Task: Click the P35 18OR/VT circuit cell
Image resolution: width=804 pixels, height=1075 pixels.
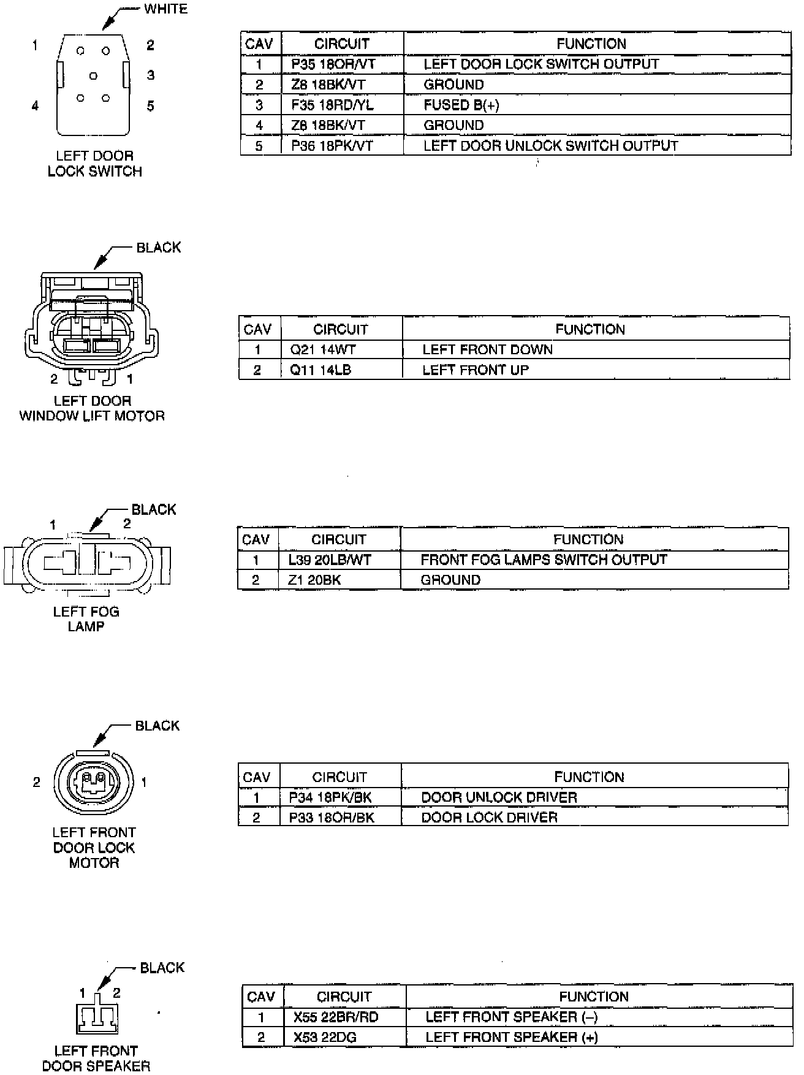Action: point(333,64)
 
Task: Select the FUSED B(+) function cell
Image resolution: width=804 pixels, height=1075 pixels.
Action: point(461,105)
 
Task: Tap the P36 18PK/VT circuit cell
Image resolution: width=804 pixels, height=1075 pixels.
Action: point(332,146)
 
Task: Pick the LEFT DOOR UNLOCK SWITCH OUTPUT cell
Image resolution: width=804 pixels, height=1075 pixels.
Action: point(550,146)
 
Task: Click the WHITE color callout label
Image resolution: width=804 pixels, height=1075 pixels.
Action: point(165,9)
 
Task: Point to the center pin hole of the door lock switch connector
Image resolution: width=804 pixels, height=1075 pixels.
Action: point(93,76)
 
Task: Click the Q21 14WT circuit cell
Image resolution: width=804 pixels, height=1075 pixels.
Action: point(322,350)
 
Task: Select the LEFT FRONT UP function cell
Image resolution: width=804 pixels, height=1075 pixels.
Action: point(476,370)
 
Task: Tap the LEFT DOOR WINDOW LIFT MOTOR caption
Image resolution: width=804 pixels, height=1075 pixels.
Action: point(92,409)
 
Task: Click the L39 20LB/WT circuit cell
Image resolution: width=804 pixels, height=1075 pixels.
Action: point(330,560)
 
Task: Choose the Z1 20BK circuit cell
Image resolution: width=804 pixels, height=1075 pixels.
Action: point(314,580)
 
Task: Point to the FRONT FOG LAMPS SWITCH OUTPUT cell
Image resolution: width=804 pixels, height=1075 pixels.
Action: point(544,560)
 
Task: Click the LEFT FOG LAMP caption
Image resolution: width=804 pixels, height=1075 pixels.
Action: point(86,619)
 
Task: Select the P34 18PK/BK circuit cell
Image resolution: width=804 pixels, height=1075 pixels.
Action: point(331,798)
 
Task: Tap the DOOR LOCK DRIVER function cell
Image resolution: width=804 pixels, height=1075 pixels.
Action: point(490,818)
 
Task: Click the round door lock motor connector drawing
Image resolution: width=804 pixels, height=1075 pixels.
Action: point(93,781)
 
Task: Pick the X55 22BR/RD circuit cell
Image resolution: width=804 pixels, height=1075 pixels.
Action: point(336,1017)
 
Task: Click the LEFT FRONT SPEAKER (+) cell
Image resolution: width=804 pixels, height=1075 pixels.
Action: point(512,1038)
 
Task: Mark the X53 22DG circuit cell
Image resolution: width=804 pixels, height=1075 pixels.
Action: point(325,1038)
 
